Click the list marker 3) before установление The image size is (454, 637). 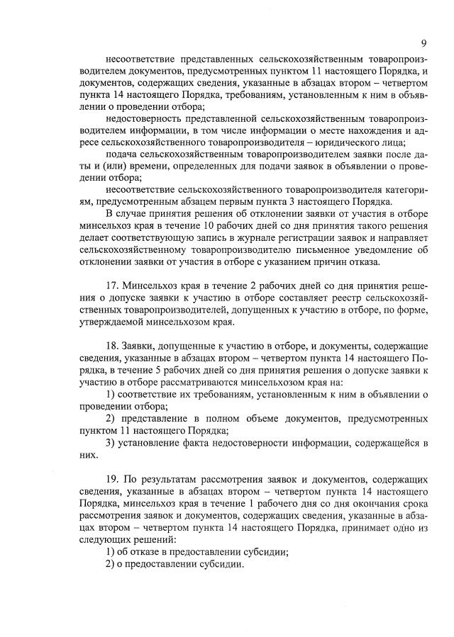111,444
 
